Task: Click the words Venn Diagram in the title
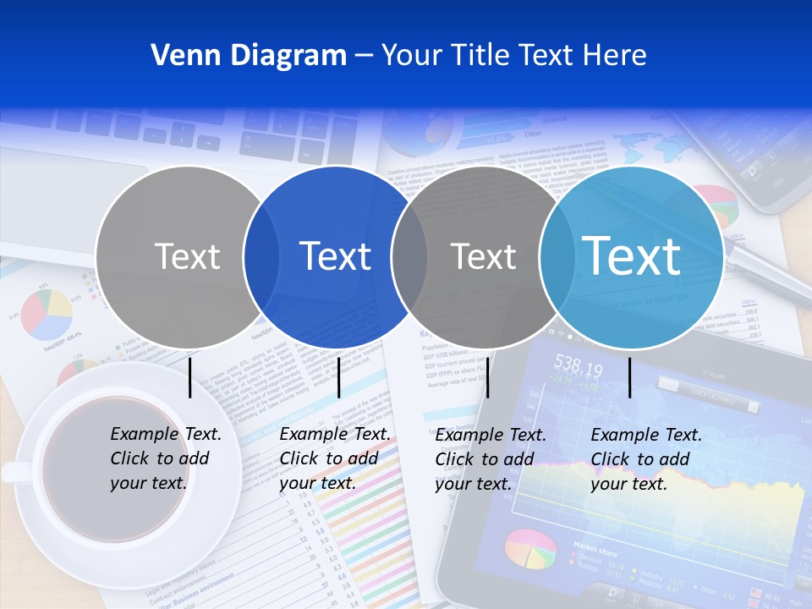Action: click(x=249, y=56)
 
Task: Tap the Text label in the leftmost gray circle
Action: click(x=188, y=256)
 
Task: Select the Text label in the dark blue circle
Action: click(x=336, y=256)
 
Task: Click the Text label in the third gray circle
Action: click(x=483, y=256)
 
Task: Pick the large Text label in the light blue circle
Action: click(x=632, y=256)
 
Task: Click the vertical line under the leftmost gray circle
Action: click(x=189, y=377)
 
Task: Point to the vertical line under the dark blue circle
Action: click(x=338, y=377)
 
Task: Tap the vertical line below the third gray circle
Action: click(x=487, y=377)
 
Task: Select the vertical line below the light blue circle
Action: click(x=629, y=377)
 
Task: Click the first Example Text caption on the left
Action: click(x=165, y=458)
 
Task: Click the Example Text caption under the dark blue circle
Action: click(x=334, y=458)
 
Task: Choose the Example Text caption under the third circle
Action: click(x=490, y=459)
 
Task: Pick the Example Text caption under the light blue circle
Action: click(x=645, y=459)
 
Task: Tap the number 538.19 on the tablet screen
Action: click(x=578, y=369)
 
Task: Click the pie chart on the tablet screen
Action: click(x=530, y=550)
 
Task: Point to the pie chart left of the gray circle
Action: click(x=47, y=314)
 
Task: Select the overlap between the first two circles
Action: click(x=261, y=256)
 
